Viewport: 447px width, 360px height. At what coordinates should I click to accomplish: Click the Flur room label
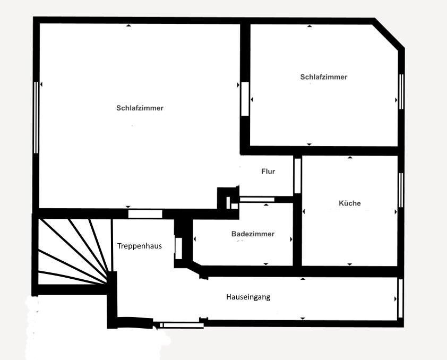[x=268, y=172]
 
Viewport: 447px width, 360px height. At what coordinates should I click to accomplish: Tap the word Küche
[x=349, y=203]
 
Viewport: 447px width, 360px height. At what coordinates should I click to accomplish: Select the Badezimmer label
[x=253, y=234]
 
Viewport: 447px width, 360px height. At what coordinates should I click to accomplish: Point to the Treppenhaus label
[x=139, y=246]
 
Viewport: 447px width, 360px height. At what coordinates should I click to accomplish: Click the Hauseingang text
[x=248, y=297]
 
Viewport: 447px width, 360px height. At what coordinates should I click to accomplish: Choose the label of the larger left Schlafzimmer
[x=140, y=108]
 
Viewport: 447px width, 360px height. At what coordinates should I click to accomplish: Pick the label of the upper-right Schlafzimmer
[x=323, y=77]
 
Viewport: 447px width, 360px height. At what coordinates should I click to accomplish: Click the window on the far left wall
[x=36, y=117]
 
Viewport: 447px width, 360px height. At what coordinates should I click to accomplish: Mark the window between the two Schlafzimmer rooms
[x=245, y=98]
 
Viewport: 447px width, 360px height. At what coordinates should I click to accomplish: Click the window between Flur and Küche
[x=297, y=176]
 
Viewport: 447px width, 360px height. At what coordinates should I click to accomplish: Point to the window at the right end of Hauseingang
[x=400, y=298]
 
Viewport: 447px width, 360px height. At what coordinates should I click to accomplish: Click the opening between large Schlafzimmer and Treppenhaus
[x=145, y=213]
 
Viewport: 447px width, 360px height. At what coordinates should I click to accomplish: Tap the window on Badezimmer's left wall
[x=179, y=248]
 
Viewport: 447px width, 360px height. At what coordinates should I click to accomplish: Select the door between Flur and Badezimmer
[x=257, y=200]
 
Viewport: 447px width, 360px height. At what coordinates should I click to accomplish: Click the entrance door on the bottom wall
[x=181, y=324]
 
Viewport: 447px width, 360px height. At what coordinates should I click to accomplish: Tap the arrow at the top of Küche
[x=349, y=158]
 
